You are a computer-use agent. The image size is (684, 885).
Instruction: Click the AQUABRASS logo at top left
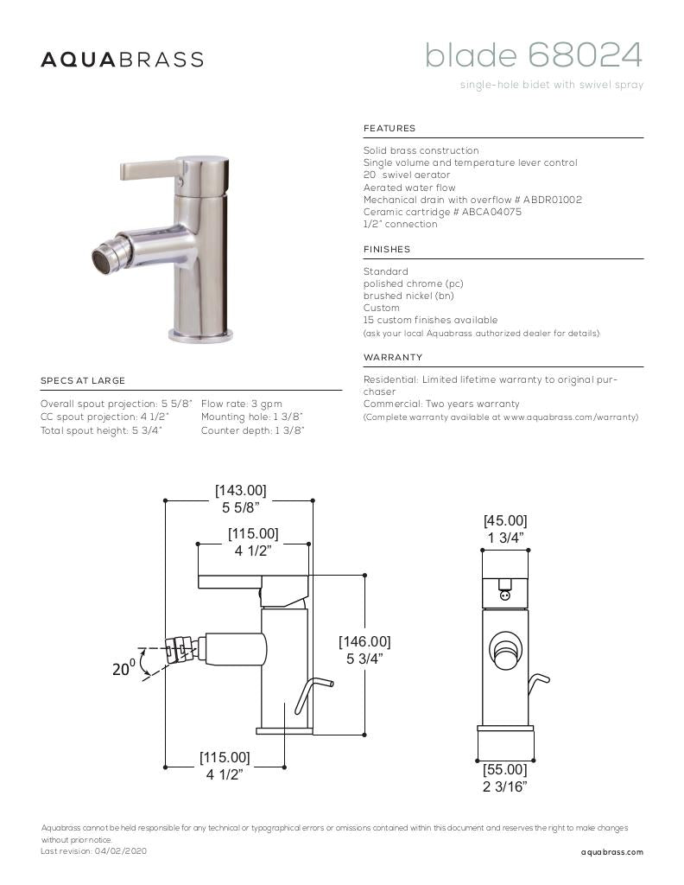pos(123,60)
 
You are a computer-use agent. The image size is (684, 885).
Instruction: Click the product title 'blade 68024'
pos(533,56)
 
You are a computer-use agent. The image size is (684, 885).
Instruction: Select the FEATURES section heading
pos(389,129)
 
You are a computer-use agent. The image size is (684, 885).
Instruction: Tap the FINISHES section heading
pos(387,250)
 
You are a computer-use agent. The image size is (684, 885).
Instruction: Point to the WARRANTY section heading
pos(393,358)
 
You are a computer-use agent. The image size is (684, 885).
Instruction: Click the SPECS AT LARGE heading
pos(83,381)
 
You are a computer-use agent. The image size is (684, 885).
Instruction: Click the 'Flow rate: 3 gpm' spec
pos(241,404)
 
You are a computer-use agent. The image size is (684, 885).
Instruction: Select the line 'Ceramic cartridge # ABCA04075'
pos(442,212)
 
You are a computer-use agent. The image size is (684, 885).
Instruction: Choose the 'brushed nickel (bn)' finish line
pos(408,296)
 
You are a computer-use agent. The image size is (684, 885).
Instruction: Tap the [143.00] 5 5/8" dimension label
pos(241,499)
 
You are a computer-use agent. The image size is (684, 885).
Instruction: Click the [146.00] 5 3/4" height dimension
pos(364,650)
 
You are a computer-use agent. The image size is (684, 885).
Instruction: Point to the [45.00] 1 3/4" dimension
pos(505,529)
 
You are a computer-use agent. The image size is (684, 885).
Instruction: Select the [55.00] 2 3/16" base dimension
pos(505,777)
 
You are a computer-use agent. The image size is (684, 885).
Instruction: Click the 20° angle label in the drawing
pos(123,668)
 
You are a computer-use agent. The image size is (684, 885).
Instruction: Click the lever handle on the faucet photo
pos(147,169)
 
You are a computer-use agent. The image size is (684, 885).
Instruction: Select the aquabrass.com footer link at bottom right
pos(612,852)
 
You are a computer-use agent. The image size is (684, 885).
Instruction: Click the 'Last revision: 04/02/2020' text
pos(94,851)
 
